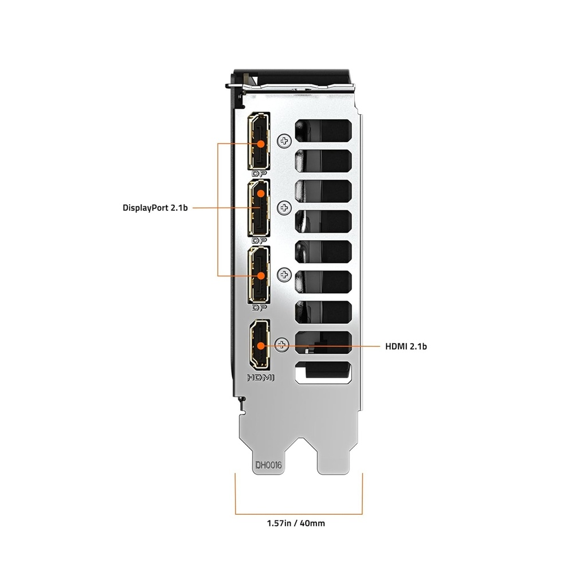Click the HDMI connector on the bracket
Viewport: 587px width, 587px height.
(260, 346)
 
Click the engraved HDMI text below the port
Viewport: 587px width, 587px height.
(261, 378)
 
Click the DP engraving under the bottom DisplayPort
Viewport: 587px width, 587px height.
(260, 308)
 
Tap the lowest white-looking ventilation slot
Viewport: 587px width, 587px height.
(322, 373)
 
